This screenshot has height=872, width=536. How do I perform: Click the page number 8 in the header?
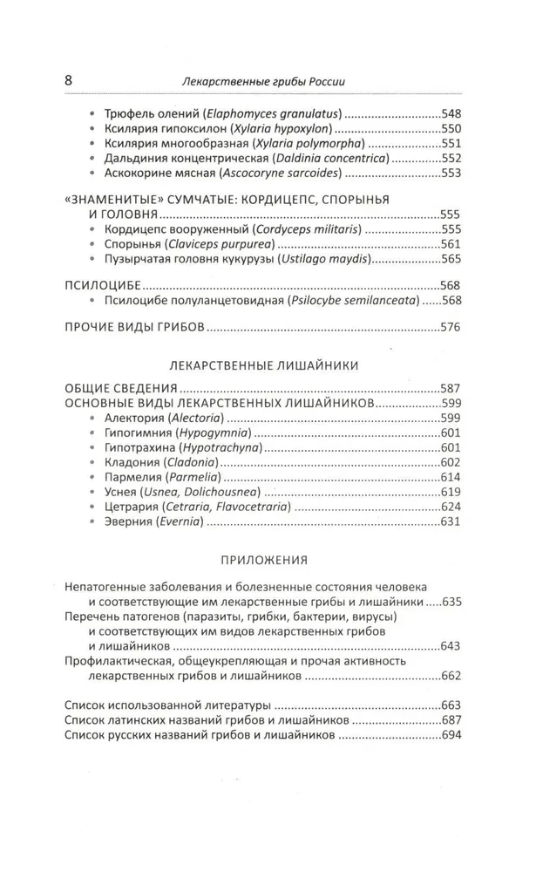point(69,81)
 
